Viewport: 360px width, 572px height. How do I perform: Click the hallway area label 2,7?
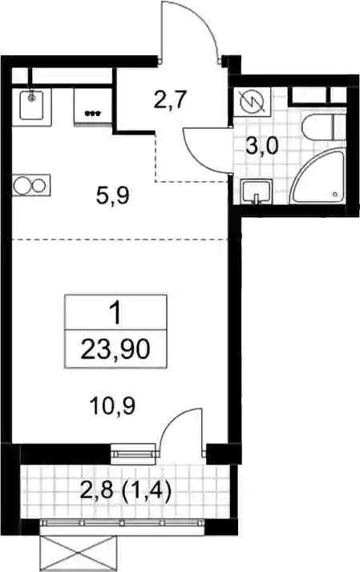click(171, 100)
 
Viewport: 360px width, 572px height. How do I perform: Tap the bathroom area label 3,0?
click(262, 147)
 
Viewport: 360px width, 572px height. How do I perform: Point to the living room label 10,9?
click(113, 405)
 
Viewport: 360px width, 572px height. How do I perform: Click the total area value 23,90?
click(115, 349)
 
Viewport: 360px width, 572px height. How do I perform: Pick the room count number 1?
click(116, 314)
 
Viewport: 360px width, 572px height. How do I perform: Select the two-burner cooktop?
click(31, 185)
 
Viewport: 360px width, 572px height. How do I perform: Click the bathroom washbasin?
click(257, 191)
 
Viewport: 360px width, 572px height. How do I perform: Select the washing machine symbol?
click(252, 102)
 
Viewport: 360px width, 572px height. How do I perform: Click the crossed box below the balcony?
click(78, 554)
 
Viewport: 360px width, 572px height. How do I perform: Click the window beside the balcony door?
click(132, 453)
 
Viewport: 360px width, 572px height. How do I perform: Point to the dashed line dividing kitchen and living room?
click(119, 240)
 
